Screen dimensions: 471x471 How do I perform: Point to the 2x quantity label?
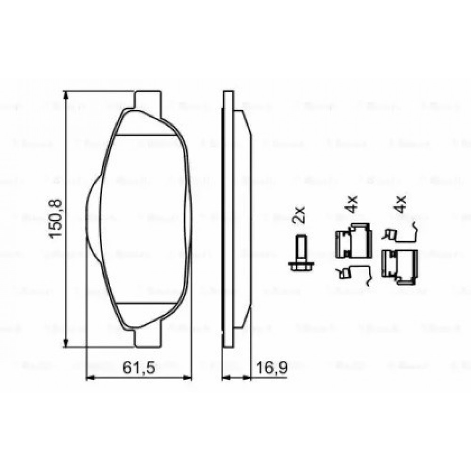point(299,215)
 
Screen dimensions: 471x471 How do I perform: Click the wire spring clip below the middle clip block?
point(353,274)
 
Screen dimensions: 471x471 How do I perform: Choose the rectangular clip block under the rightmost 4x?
point(400,266)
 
